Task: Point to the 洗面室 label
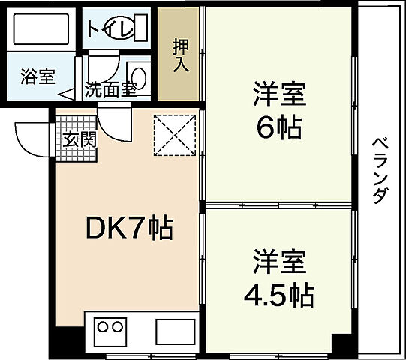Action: coord(110,88)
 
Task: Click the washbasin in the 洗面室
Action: coord(140,73)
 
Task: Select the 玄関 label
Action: coord(78,139)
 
